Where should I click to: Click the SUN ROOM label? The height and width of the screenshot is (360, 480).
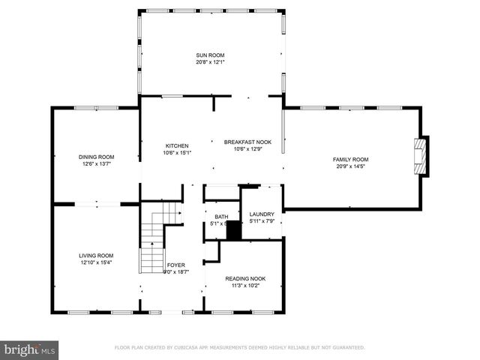[210, 55]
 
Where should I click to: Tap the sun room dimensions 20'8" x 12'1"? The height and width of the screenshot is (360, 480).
[210, 62]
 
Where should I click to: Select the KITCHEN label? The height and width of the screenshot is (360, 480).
[177, 145]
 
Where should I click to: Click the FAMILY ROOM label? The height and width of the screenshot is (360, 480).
[351, 159]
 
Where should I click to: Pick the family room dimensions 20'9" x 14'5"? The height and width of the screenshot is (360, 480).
[351, 166]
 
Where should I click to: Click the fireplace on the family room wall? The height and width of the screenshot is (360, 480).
[424, 156]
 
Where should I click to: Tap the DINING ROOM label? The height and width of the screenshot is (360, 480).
[95, 157]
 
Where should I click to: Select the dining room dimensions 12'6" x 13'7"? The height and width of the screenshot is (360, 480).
[95, 163]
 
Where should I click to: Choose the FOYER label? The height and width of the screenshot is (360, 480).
[176, 265]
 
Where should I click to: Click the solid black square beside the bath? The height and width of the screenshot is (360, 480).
[233, 231]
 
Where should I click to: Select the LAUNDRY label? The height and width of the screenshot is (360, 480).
[262, 214]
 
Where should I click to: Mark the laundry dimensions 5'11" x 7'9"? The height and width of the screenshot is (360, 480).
[262, 220]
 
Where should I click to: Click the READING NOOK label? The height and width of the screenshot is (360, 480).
[245, 278]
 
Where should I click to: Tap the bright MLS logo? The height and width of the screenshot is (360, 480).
[30, 349]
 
